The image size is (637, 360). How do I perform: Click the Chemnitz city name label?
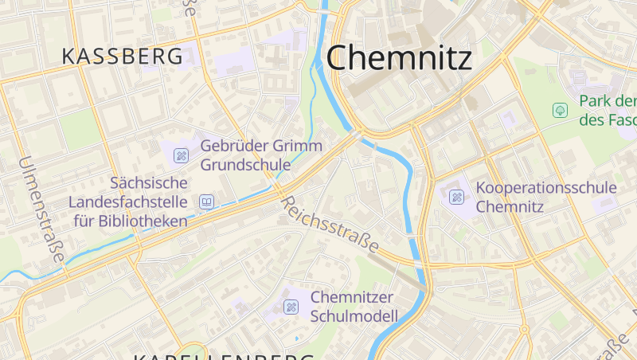click(399, 57)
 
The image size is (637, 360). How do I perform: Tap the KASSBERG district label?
click(122, 57)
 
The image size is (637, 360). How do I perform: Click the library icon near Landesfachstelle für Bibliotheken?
click(207, 202)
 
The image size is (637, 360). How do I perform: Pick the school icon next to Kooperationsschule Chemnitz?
click(455, 196)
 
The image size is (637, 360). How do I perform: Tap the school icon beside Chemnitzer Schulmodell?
click(291, 307)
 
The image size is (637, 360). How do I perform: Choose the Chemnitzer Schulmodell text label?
click(354, 307)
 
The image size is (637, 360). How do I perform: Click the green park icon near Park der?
click(560, 109)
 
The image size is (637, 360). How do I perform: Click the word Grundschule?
click(245, 165)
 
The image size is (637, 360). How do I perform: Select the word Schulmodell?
click(354, 316)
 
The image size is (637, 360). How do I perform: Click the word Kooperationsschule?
click(545, 188)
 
